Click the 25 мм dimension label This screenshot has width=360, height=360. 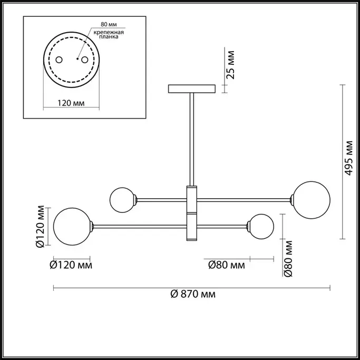click(x=231, y=65)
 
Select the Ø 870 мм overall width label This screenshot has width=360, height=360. click(x=193, y=294)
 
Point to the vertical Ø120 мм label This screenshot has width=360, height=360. click(x=40, y=226)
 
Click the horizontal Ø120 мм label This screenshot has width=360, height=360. click(x=71, y=265)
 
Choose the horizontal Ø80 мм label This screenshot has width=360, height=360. click(x=226, y=265)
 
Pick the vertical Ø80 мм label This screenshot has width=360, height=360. click(x=288, y=258)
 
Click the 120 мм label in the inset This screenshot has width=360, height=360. click(x=71, y=103)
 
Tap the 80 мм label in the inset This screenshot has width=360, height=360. click(x=109, y=24)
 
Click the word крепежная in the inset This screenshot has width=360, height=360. click(x=109, y=32)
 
